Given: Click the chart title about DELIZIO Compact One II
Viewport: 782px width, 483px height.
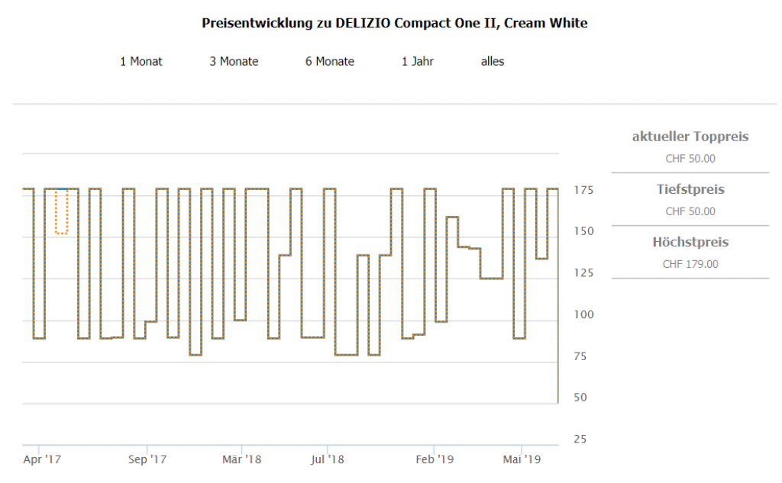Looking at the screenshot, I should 394,23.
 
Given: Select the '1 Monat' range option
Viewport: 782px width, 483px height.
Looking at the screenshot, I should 141,61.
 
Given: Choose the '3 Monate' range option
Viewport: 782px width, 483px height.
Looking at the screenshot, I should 234,61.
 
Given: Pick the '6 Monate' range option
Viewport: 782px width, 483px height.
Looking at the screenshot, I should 330,61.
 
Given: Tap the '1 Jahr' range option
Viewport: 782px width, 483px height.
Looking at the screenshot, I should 418,61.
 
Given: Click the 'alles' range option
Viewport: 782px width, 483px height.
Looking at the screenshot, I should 493,61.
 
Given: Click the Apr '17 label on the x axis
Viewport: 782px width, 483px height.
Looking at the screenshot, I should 43,459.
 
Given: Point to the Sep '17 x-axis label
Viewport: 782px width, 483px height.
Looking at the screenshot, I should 147,459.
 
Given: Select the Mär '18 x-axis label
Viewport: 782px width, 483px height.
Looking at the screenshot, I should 242,459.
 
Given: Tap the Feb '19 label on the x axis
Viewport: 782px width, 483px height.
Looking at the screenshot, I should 435,459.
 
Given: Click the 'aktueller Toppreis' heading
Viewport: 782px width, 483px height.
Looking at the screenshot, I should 690,137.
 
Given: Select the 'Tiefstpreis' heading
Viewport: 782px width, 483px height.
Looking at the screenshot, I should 690,189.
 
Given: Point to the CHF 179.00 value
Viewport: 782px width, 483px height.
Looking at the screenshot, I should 690,264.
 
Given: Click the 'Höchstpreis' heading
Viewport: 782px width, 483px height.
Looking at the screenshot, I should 690,243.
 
